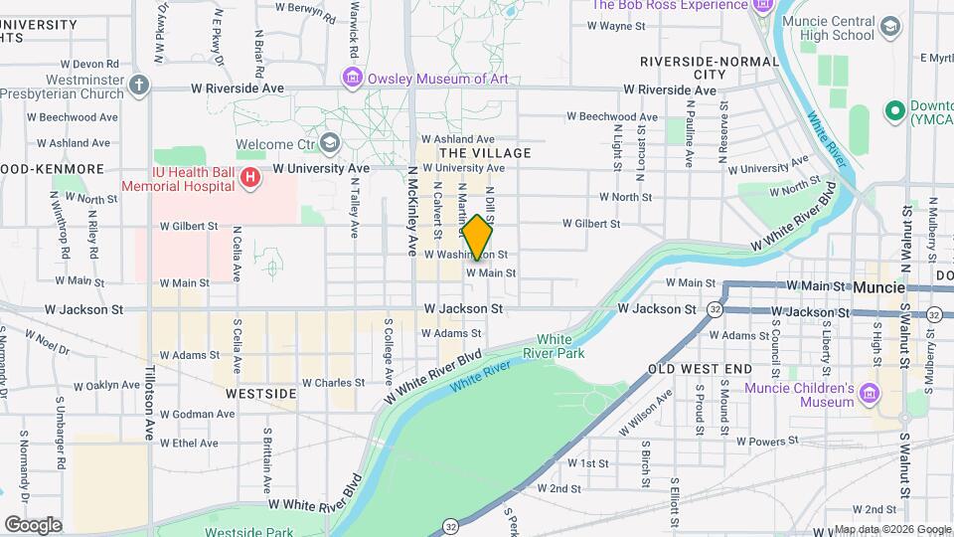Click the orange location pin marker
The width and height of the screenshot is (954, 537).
point(477,237)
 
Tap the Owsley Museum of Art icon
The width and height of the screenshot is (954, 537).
point(352,77)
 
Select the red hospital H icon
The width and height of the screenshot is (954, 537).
point(250,178)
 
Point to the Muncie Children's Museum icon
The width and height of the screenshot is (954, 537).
point(871,395)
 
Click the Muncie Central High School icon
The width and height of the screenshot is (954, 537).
point(890,27)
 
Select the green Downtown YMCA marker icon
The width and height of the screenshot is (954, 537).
point(893,109)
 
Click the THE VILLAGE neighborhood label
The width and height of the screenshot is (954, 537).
point(485,153)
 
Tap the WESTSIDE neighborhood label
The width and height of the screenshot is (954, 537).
point(260,394)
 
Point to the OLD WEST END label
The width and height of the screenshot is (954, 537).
point(700,369)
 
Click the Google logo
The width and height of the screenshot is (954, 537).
point(33,525)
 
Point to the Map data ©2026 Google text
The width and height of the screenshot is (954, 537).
point(891,529)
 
